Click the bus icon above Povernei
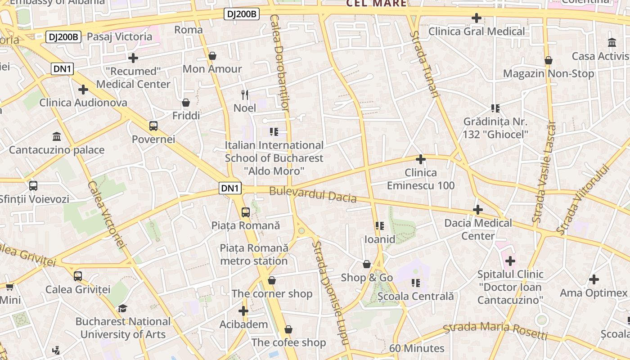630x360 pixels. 153,126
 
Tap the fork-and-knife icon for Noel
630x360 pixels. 245,94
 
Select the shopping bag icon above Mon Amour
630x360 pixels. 212,56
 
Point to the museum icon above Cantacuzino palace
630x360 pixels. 57,136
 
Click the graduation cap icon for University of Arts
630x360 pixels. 122,308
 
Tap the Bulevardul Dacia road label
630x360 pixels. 313,195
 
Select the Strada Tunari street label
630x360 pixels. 424,64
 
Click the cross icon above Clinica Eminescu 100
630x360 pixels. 421,159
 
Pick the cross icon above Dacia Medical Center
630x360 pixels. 478,210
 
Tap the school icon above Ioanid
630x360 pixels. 380,225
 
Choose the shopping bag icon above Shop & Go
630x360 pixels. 367,264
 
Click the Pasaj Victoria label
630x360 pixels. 119,36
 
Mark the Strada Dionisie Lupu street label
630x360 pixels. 331,292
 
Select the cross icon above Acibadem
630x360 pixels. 243,311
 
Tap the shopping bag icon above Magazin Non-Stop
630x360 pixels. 549,60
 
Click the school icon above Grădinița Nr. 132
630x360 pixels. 495,108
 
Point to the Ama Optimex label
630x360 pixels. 593,293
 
